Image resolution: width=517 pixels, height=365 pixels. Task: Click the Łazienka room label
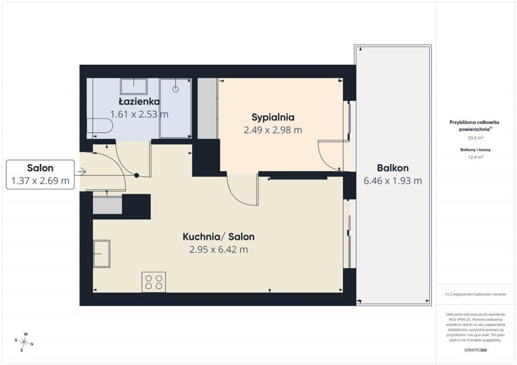139,101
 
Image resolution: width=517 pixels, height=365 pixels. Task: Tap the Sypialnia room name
273,117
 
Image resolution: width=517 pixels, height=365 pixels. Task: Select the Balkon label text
393,168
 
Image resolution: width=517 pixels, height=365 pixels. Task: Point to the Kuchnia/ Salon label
219,237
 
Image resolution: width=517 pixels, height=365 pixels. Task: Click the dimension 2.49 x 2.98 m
273,130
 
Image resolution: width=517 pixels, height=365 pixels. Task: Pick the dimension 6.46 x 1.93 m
393,181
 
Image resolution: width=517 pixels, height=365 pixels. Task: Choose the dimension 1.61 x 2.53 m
139,114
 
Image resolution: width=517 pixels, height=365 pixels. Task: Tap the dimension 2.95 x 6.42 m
219,250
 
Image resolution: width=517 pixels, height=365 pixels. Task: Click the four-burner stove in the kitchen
154,282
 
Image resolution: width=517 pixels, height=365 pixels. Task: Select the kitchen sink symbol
101,254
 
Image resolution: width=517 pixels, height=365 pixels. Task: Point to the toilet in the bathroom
100,125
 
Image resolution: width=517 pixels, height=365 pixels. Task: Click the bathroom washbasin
134,86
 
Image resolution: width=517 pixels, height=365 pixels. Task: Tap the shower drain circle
175,89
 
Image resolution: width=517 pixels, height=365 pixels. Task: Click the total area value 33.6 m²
475,138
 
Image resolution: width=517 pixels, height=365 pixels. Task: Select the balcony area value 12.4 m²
475,157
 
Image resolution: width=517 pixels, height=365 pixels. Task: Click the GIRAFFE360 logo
475,350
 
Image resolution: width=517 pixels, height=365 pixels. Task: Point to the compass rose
24,342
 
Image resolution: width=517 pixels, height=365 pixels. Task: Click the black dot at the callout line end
137,175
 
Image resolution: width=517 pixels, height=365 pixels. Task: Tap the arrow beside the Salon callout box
82,172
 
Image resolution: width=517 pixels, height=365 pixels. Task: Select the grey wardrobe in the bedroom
208,108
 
